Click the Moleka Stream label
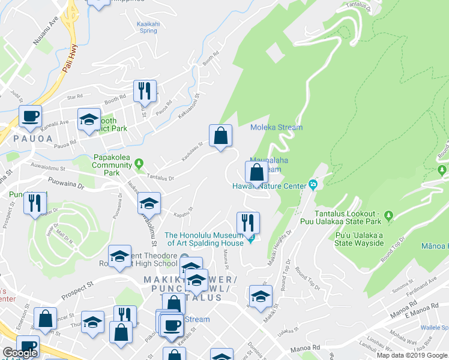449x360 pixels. [x=276, y=127]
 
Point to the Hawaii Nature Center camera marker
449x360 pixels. [x=312, y=184]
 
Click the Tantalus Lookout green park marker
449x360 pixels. [x=388, y=215]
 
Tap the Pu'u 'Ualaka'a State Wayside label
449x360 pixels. [x=360, y=239]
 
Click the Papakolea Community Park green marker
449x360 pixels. [x=139, y=163]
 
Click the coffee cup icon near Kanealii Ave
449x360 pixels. [x=31, y=117]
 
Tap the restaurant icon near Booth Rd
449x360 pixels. [x=145, y=92]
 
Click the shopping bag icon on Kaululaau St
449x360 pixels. [x=221, y=136]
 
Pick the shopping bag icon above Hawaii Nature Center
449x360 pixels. [x=256, y=173]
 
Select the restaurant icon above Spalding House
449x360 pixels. [x=248, y=223]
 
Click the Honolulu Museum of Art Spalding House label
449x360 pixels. [x=204, y=239]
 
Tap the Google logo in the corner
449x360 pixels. [x=20, y=352]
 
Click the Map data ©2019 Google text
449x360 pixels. [x=411, y=355]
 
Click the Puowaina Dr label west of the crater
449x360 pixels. [x=67, y=185]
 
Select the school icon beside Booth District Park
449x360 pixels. [x=89, y=119]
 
